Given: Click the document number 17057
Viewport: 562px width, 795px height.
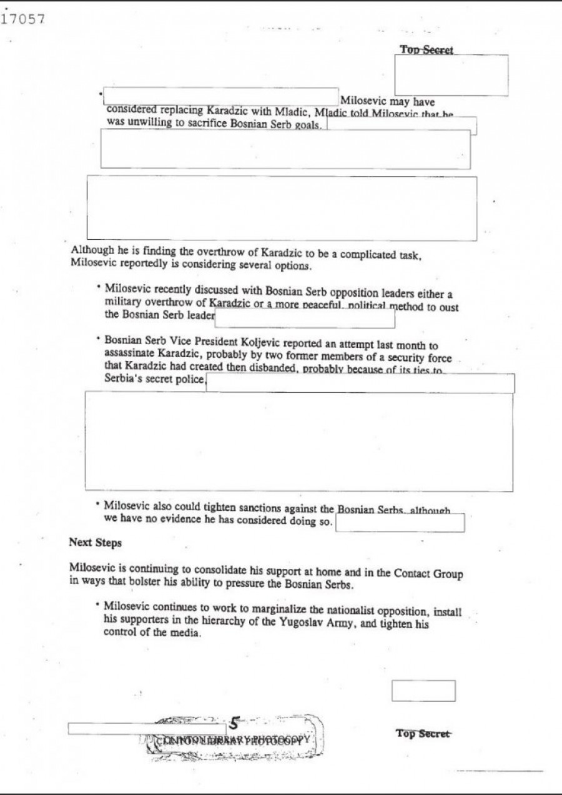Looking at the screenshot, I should click(x=23, y=19).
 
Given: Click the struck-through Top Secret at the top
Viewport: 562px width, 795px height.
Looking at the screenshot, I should click(x=426, y=50).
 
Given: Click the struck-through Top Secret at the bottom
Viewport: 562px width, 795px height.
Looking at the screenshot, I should click(x=422, y=734).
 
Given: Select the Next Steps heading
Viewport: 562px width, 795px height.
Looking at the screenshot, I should click(x=95, y=543).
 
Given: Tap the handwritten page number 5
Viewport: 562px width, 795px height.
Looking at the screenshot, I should click(x=234, y=724).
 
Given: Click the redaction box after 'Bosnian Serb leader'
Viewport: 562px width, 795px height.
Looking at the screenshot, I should click(x=305, y=318).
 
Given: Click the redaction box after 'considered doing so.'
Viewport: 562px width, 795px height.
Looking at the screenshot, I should click(x=400, y=523).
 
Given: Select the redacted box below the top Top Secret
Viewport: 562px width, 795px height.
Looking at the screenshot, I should click(x=451, y=76).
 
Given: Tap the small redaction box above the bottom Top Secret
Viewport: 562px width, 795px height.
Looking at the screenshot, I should click(x=423, y=691).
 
